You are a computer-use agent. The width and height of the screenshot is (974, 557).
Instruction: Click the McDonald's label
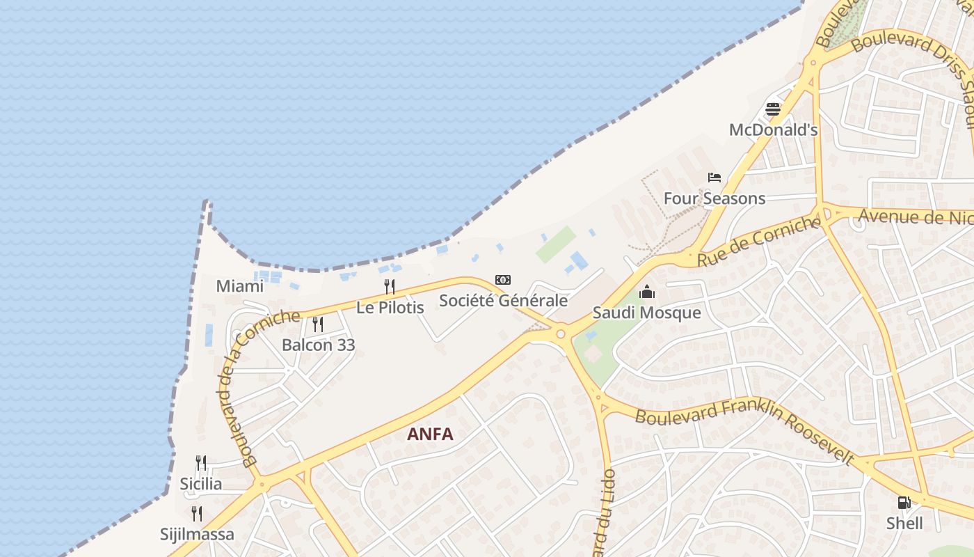[773, 130]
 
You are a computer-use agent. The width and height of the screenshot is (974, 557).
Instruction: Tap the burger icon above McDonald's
[773, 109]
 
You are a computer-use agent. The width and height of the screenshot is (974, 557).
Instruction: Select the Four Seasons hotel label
[714, 198]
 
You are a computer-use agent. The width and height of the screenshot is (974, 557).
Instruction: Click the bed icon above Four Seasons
[714, 178]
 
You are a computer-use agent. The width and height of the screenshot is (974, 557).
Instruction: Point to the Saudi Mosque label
[646, 313]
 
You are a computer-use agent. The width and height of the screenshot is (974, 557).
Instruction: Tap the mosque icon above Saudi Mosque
[647, 292]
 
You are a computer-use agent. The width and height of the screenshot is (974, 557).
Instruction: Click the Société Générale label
[503, 301]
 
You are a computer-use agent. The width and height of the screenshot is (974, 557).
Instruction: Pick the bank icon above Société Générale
[503, 280]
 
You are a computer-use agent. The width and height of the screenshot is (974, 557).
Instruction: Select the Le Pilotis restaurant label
[390, 307]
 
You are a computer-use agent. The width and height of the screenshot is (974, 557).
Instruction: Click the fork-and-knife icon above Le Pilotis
[390, 286]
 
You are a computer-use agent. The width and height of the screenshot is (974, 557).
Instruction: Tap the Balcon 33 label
[318, 345]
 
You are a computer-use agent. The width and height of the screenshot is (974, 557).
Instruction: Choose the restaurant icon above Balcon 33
[318, 324]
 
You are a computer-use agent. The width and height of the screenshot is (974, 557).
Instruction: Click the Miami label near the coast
[239, 286]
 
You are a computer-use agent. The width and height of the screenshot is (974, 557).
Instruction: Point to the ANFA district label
[430, 434]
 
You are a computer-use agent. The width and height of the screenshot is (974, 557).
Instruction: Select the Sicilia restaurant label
[201, 484]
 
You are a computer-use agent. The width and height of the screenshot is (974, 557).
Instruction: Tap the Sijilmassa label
[197, 535]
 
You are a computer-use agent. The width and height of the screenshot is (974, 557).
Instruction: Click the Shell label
[904, 524]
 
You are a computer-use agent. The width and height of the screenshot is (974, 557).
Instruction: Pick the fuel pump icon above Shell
[904, 503]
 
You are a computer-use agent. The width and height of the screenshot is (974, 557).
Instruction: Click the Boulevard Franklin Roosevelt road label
[744, 427]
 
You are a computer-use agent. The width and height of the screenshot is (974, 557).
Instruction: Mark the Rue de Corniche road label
[759, 241]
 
